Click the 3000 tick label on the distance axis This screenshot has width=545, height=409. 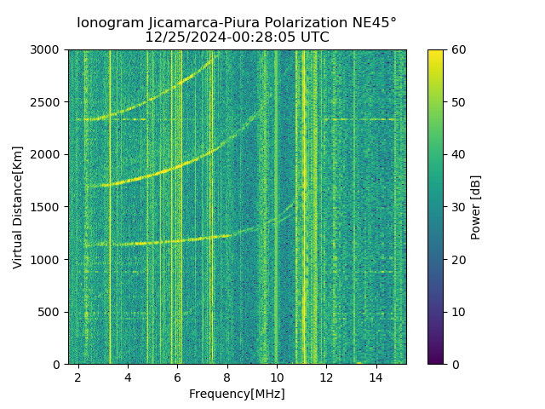coord(48,49)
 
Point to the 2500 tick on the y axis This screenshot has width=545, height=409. coord(48,102)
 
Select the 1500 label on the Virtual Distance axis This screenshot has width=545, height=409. coord(48,207)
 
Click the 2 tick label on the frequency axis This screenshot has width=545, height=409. coord(78,377)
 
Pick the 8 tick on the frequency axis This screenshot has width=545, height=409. coord(227,377)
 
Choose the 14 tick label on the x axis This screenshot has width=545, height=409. coord(376,377)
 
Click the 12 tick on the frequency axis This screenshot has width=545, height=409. coord(327,377)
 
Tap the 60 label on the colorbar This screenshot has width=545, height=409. coord(458,49)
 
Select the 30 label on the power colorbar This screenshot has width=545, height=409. coord(458,207)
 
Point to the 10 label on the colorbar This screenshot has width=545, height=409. coord(458,312)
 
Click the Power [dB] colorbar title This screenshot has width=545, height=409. coord(476,207)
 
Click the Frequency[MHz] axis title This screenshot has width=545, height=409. coord(237,394)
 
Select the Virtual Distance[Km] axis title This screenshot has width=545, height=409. coord(18,207)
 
